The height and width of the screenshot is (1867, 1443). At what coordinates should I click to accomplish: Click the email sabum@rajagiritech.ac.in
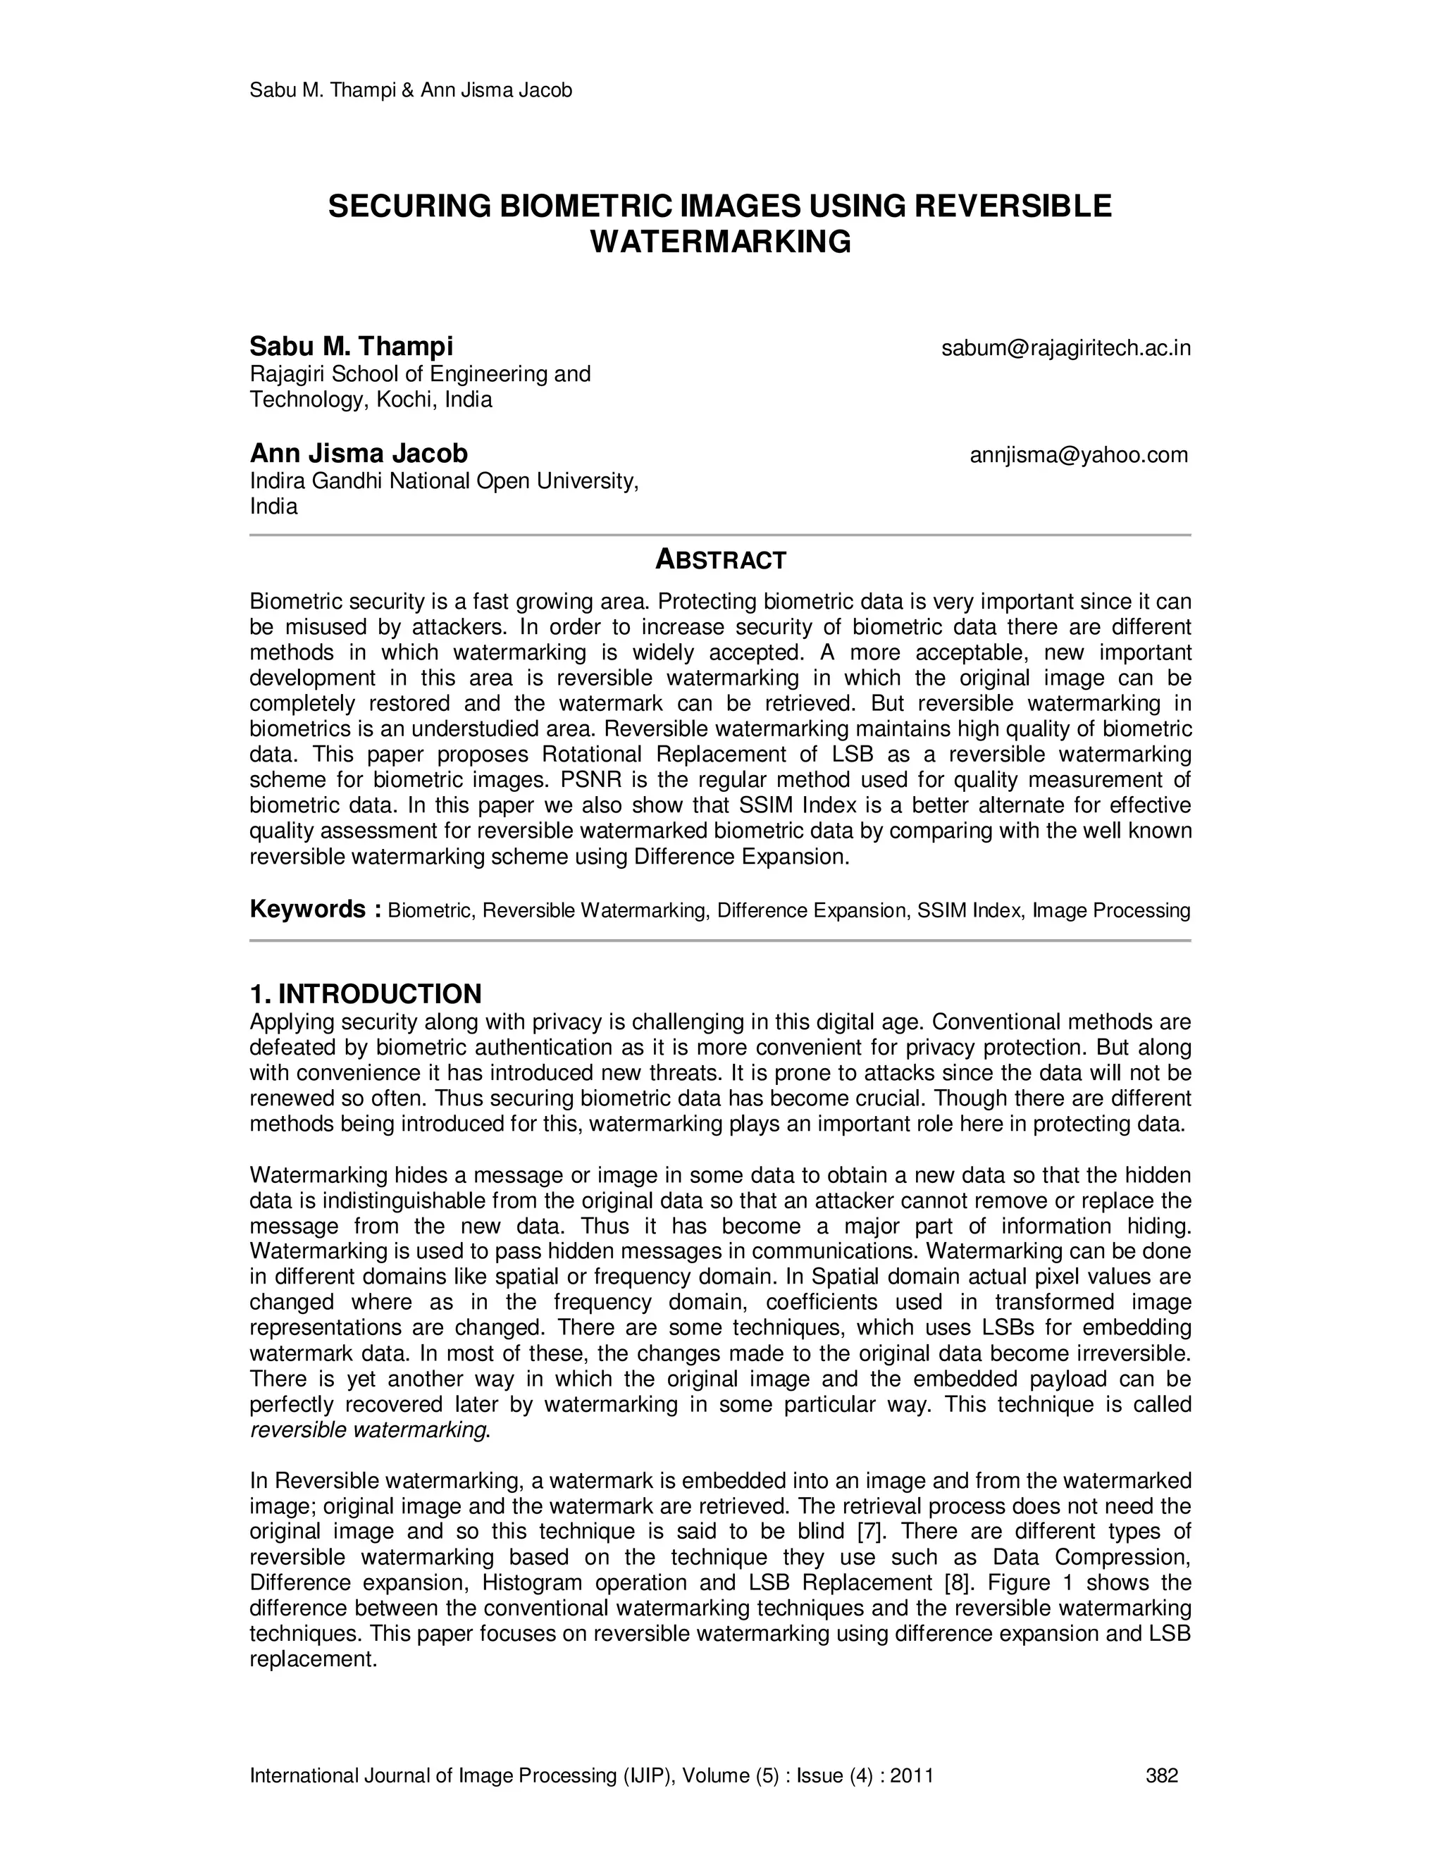pyautogui.click(x=1065, y=349)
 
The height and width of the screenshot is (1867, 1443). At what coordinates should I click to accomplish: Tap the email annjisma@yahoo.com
pyautogui.click(x=1078, y=455)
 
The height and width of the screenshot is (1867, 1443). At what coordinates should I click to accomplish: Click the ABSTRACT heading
pyautogui.click(x=720, y=560)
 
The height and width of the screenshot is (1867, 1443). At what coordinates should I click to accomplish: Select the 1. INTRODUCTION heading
pyautogui.click(x=365, y=993)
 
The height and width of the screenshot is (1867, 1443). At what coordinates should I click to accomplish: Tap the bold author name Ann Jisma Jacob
pyautogui.click(x=358, y=453)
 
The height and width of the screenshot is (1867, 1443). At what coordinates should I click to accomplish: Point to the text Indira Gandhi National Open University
pyautogui.click(x=444, y=481)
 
